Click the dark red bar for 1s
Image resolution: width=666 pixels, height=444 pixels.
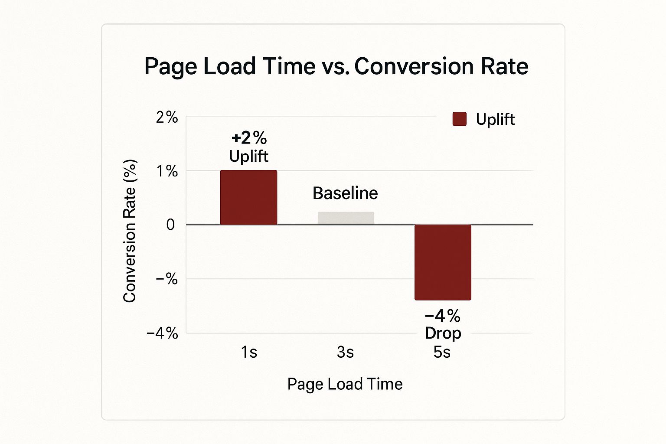point(248,197)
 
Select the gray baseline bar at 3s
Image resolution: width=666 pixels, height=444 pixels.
point(346,218)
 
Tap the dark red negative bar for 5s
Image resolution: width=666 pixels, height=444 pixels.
point(443,262)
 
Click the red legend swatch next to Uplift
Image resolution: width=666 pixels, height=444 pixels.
point(459,119)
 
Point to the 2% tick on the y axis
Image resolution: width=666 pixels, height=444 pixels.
point(167,117)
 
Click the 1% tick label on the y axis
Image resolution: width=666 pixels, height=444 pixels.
point(167,171)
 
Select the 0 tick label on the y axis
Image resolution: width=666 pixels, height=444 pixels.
point(170,225)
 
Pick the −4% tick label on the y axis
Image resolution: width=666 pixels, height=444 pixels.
point(162,333)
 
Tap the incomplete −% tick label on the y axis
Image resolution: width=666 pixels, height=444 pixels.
point(166,279)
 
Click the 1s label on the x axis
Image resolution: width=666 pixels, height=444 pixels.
point(249,352)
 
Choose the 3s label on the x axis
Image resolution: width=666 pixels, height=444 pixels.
point(345,352)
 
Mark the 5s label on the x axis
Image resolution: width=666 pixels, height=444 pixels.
point(442,352)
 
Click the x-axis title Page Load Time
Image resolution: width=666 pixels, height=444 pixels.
point(345,384)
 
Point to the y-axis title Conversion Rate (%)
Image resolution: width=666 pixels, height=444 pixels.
point(130,231)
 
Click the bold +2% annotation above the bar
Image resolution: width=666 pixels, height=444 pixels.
point(249,138)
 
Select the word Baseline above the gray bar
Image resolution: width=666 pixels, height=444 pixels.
point(345,193)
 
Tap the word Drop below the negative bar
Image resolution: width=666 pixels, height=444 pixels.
point(443,333)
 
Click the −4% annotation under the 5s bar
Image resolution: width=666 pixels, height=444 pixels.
point(442,316)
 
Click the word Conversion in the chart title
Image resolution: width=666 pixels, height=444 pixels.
point(415,66)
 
